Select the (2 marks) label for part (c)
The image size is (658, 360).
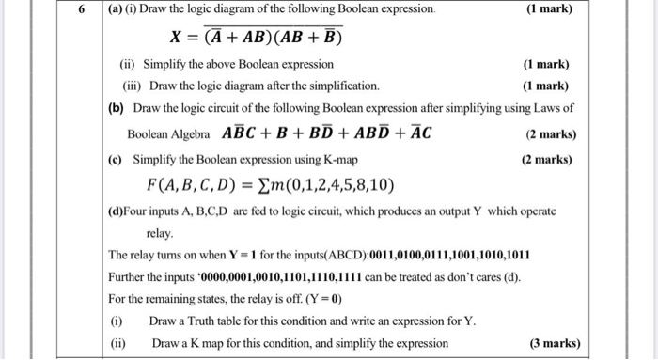[x=546, y=159]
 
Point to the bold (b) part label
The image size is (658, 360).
[x=117, y=108]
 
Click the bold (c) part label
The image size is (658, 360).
[x=117, y=159]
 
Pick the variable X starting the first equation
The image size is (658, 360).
[x=176, y=39]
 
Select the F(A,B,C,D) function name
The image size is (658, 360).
[x=192, y=183]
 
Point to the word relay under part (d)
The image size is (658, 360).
[x=160, y=230]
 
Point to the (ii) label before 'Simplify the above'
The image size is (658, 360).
[x=127, y=63]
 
